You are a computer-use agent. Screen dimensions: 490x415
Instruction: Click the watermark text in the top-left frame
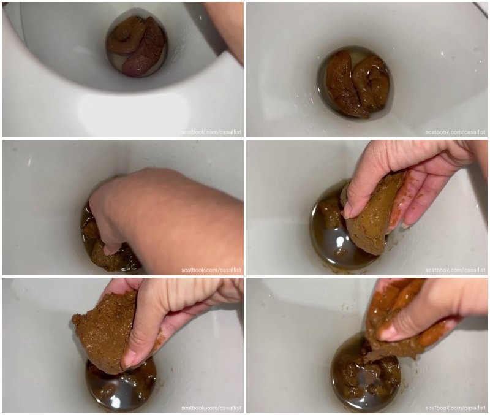[211, 132]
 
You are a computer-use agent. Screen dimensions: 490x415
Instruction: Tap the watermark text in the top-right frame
[456, 132]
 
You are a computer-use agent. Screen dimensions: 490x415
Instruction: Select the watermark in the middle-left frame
[211, 270]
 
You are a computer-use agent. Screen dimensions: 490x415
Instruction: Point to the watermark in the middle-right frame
[456, 270]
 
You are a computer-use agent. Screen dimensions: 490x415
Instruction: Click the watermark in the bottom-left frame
[211, 408]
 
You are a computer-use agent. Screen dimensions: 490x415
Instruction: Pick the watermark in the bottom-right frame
[456, 408]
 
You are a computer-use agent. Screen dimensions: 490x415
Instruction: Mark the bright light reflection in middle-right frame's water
[340, 242]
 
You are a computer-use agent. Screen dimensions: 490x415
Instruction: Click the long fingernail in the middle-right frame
[406, 226]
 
